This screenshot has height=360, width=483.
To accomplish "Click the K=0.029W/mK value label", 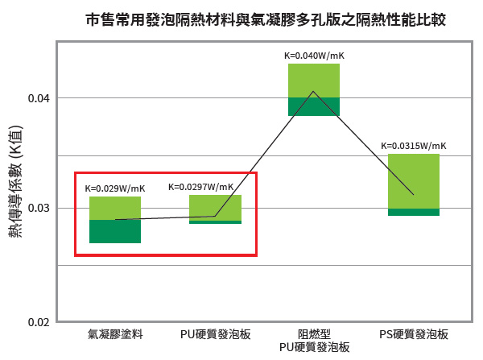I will [114, 188].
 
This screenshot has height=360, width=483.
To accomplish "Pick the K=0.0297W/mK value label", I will [204, 187].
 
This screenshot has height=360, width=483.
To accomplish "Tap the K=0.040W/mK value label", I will [314, 56].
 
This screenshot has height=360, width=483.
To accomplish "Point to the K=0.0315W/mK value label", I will [413, 146].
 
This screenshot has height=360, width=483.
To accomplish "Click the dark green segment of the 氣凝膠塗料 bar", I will [114, 231].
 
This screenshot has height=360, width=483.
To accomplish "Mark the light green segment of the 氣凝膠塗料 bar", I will [114, 208].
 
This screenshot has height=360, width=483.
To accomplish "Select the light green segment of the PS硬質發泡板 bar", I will [413, 181].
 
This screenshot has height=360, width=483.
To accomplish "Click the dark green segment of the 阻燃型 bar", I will [314, 106].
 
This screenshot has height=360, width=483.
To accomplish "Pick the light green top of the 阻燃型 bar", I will [314, 80].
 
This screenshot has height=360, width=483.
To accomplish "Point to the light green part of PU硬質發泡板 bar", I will [215, 207].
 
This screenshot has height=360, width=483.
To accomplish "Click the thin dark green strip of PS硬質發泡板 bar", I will [413, 212].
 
